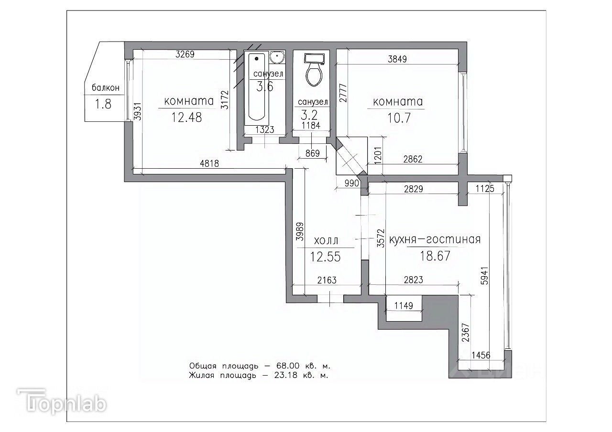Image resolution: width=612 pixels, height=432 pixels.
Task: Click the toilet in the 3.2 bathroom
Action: point(314,70)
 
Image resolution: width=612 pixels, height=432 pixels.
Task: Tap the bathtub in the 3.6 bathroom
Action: point(257,87)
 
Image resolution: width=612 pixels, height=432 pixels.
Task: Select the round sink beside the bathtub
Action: point(277,58)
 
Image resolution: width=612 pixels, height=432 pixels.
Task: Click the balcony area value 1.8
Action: point(103,104)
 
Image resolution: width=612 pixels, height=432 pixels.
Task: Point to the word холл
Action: point(326,240)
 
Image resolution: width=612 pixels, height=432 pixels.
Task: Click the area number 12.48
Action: point(186,118)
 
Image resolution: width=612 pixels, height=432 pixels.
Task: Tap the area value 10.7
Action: point(399,118)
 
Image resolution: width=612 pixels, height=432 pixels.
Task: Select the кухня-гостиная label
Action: point(435,239)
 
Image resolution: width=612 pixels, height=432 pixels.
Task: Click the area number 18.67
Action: point(435,256)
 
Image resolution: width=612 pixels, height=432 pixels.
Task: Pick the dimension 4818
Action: point(209,163)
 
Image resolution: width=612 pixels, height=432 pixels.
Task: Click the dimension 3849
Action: point(397,59)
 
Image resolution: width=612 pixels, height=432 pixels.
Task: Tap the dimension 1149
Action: point(404,305)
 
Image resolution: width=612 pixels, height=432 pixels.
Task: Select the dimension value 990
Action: point(351,183)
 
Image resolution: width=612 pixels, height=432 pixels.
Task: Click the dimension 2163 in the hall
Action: point(327,280)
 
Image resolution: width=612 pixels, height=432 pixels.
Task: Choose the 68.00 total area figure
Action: point(288,366)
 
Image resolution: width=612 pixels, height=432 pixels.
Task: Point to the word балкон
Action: point(106,87)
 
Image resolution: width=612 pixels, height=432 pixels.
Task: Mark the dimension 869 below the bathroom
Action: point(313,153)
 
